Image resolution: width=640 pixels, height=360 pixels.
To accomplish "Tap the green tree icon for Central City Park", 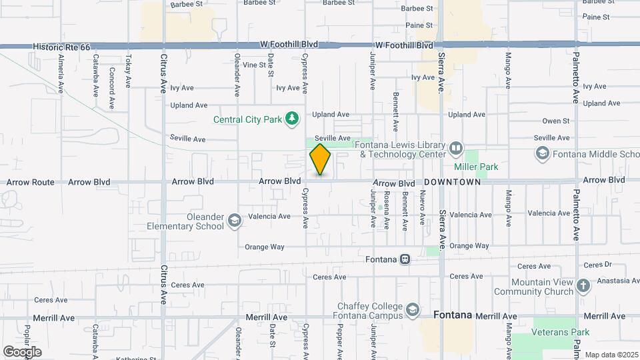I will pyautogui.click(x=291, y=119).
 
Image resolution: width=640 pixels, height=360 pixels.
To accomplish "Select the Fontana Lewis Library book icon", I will pyautogui.click(x=456, y=147).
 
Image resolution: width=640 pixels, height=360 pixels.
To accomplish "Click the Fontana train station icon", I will pyautogui.click(x=405, y=259).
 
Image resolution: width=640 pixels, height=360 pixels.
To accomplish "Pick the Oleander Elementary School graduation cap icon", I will pyautogui.click(x=234, y=221).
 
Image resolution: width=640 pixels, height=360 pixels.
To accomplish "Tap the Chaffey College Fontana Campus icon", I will pyautogui.click(x=413, y=310).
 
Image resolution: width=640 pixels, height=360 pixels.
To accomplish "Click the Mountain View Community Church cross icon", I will pyautogui.click(x=583, y=286).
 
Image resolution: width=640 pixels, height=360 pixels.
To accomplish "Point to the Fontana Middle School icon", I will pyautogui.click(x=542, y=154).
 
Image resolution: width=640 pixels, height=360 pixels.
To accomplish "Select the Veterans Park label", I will pyautogui.click(x=561, y=332).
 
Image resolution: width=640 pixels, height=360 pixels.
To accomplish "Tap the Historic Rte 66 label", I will pyautogui.click(x=61, y=46).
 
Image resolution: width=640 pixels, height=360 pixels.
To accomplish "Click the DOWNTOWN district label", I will pyautogui.click(x=452, y=182).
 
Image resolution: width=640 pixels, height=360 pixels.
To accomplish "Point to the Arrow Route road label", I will pyautogui.click(x=31, y=182).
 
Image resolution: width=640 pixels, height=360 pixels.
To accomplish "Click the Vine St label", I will pyautogui.click(x=254, y=65).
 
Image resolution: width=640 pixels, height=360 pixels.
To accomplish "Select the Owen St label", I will pyautogui.click(x=555, y=121).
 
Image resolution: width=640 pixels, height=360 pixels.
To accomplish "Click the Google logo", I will pyautogui.click(x=22, y=352).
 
